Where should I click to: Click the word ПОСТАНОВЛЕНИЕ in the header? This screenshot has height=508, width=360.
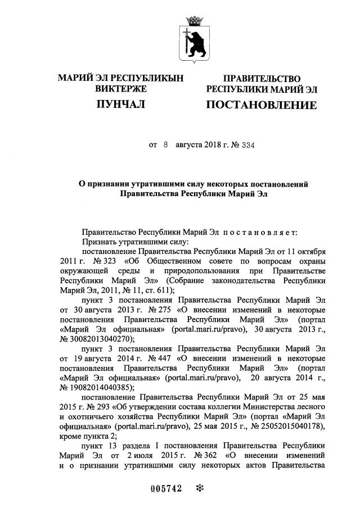click(x=261, y=105)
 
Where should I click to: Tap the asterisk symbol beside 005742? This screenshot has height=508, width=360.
click(x=198, y=489)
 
